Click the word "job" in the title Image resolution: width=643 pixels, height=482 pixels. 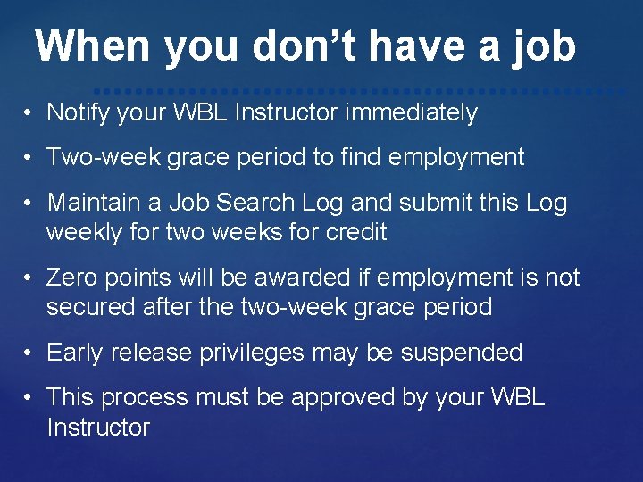click(544, 46)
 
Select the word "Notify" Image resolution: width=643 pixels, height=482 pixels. click(76, 113)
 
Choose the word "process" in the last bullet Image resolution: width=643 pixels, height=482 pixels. click(152, 397)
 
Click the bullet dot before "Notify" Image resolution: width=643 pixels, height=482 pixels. click(29, 114)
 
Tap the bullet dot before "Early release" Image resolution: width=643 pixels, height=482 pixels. click(29, 353)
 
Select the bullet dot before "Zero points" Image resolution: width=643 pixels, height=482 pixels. click(29, 278)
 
